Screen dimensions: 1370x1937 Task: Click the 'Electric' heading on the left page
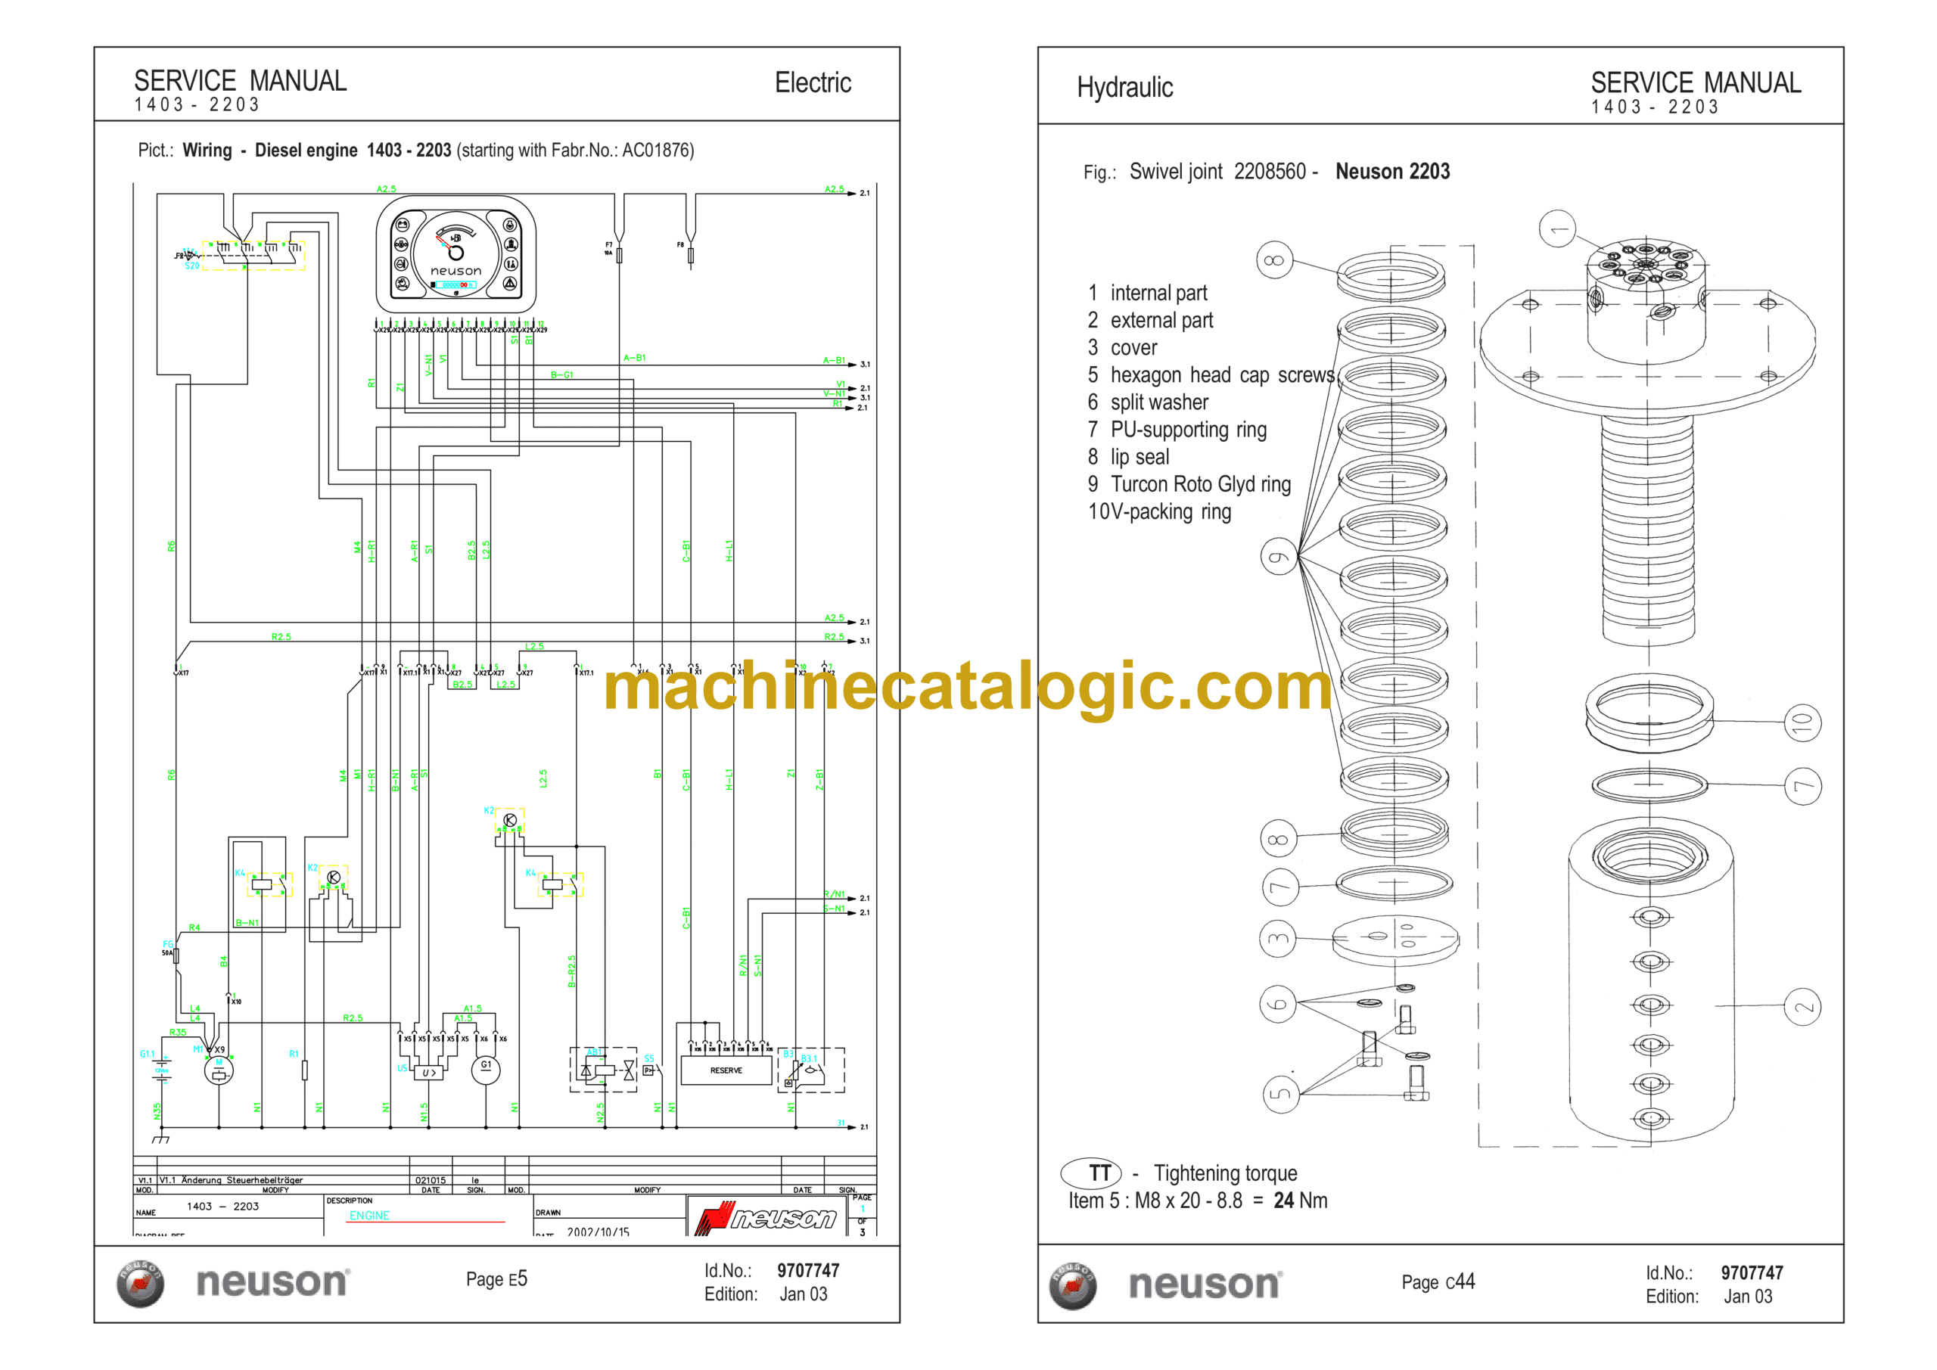coord(813,82)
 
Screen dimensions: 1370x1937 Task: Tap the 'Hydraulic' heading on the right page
coord(1124,88)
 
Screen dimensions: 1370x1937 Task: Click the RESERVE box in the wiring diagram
coord(726,1070)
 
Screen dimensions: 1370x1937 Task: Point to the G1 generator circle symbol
coord(486,1069)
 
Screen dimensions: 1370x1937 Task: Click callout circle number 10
coord(1802,723)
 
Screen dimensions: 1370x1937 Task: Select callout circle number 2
coord(1803,1007)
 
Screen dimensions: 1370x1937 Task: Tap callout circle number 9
coord(1279,557)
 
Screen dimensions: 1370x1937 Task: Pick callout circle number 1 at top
coord(1557,228)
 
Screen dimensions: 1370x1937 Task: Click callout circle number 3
coord(1278,938)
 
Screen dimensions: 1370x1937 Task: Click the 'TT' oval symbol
coord(1091,1173)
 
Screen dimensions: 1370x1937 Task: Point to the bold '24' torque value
coord(1284,1201)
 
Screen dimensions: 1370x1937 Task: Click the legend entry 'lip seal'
coord(1139,457)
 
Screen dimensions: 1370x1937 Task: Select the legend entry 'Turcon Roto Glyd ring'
coord(1200,484)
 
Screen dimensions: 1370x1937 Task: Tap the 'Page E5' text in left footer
coord(496,1280)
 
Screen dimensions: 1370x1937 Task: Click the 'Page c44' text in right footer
coord(1438,1282)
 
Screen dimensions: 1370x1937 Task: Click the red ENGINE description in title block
coord(369,1216)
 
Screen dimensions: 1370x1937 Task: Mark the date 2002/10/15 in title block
coord(599,1232)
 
